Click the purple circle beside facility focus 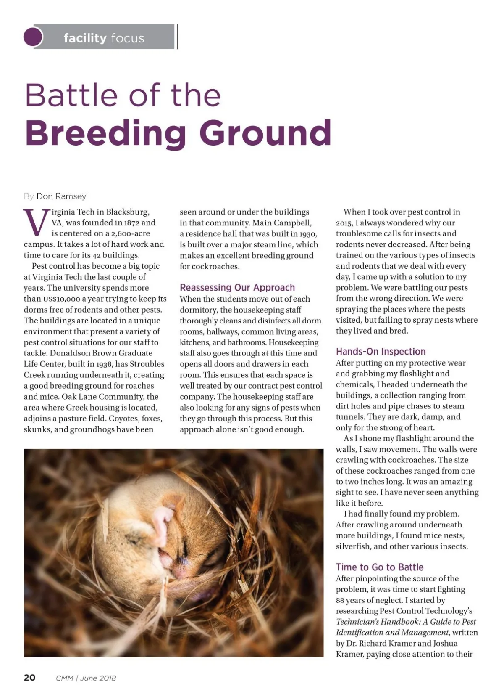point(33,37)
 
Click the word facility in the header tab point(85,38)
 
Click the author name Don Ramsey point(61,196)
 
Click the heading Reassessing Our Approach point(237,288)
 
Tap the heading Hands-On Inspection point(381,352)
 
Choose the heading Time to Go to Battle point(379,567)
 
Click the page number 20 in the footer point(30,678)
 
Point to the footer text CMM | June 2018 point(86,678)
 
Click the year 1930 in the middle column point(308,234)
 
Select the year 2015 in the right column point(344,223)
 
